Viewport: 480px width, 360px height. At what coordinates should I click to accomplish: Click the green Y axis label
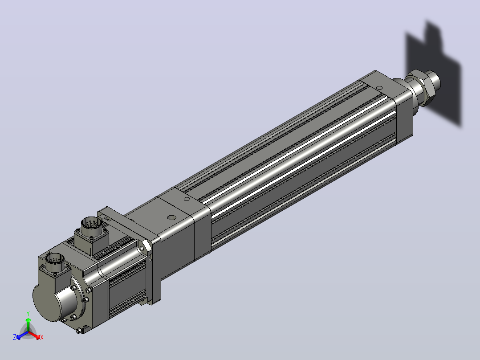point(28,313)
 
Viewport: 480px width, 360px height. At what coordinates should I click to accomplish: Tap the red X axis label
point(42,337)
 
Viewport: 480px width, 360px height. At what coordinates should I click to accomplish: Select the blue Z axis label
point(15,337)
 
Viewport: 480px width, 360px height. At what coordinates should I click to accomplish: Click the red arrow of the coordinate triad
point(34,335)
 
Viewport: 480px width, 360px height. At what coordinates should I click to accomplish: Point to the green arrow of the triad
point(28,324)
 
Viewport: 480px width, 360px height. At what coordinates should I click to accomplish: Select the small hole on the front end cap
point(379,88)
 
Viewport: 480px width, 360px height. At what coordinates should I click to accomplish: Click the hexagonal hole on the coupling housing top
point(171,217)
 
